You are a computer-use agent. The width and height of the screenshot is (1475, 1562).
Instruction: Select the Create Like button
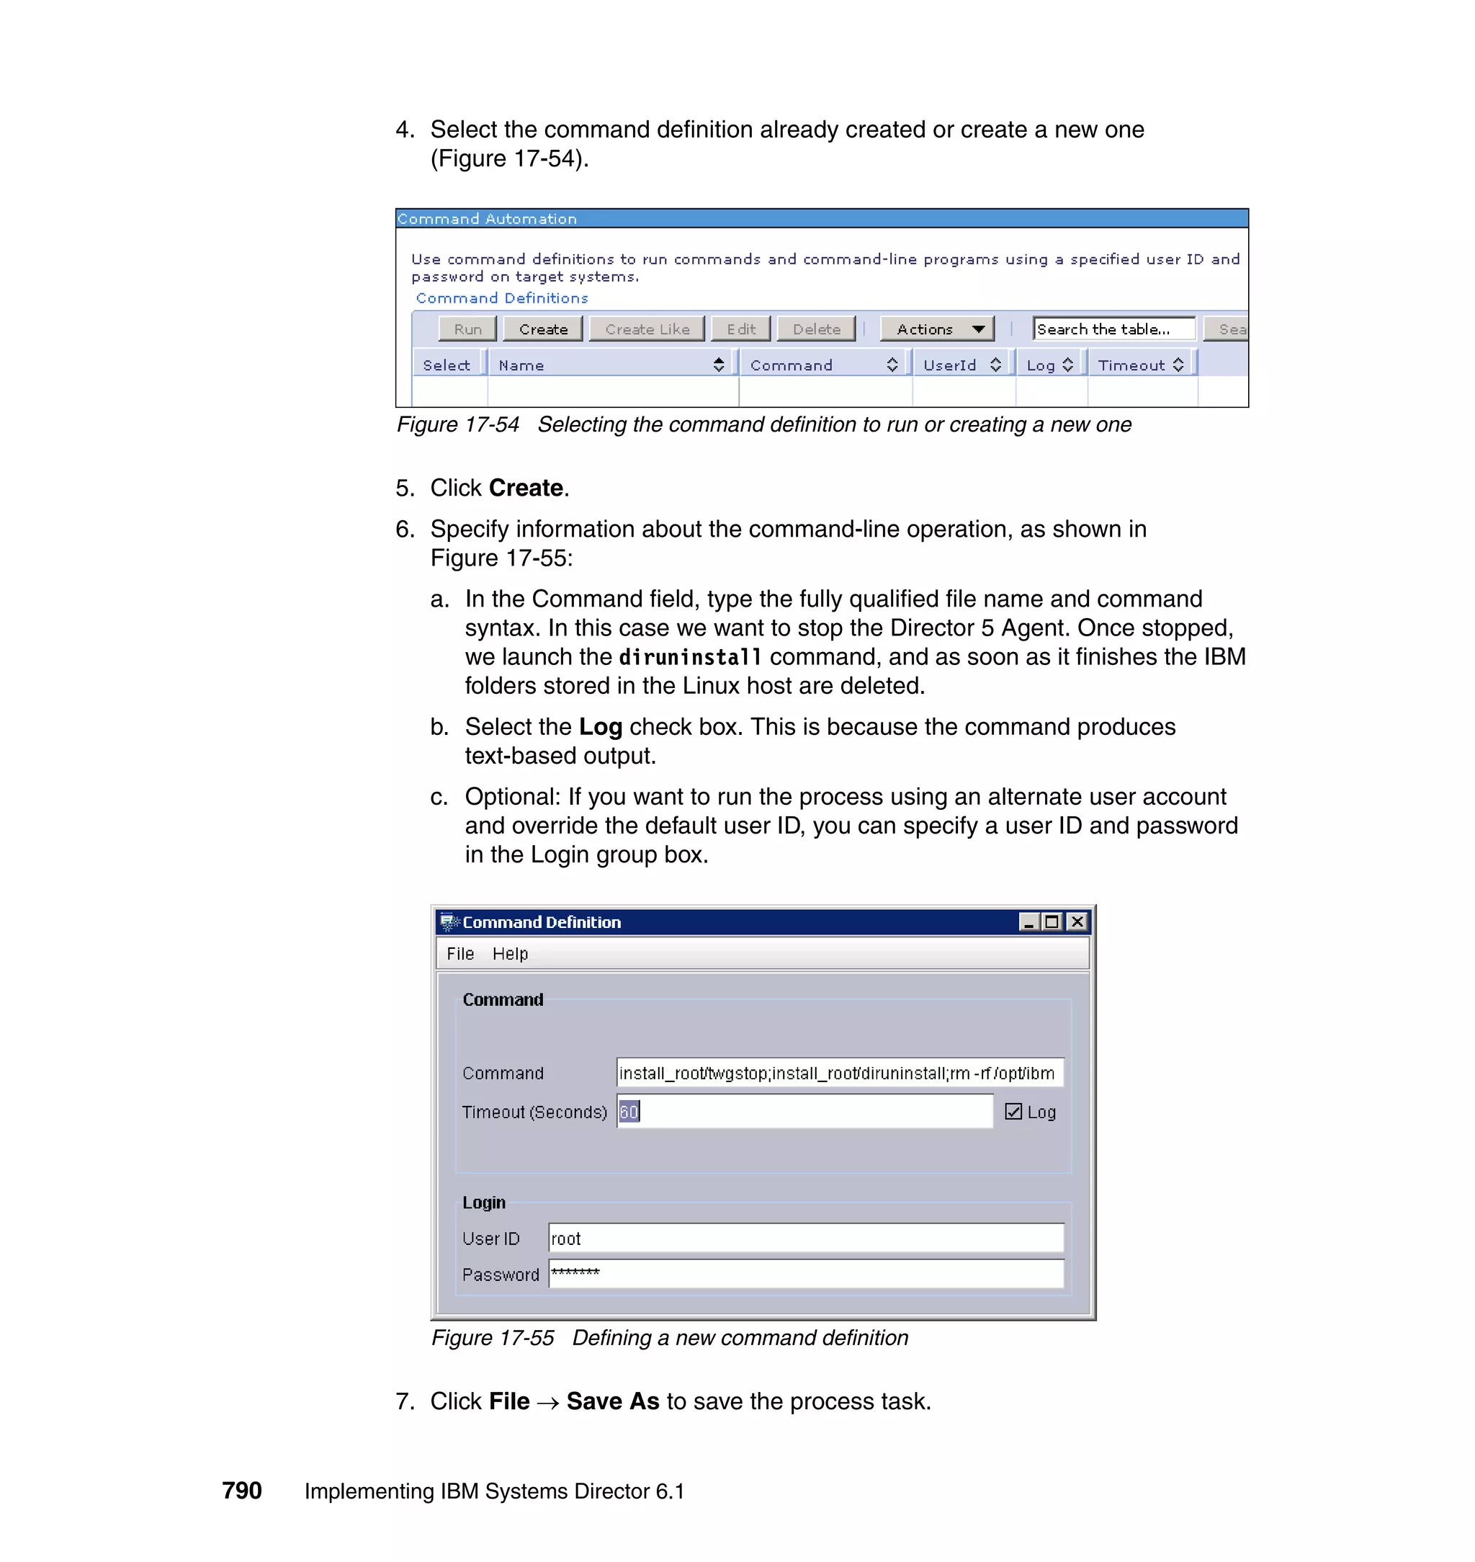(647, 329)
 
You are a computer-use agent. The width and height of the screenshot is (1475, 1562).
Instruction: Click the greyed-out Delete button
(816, 329)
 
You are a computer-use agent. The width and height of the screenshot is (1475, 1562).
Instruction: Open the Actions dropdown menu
(938, 329)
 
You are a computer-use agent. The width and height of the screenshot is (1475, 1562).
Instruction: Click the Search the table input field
(1113, 329)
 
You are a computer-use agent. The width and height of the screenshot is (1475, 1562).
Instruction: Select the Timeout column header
(1139, 365)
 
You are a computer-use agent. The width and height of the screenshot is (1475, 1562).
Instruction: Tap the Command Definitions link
(501, 298)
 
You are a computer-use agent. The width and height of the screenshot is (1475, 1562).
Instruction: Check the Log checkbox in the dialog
(1013, 1111)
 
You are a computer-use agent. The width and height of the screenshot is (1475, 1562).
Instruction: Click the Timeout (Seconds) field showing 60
(804, 1111)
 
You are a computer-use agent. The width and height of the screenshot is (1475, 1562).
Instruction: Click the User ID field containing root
(806, 1238)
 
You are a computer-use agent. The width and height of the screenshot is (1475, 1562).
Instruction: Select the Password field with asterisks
(806, 1274)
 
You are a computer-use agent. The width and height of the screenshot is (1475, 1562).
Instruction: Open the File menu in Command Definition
(460, 953)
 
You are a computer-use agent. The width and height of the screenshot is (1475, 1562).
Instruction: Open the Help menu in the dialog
(509, 953)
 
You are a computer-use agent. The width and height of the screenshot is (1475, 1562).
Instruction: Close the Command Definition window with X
(1077, 921)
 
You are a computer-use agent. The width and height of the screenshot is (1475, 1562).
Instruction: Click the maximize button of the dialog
(1052, 921)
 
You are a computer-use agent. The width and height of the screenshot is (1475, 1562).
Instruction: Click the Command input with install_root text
(839, 1073)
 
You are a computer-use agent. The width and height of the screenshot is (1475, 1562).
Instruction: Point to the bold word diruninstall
(689, 657)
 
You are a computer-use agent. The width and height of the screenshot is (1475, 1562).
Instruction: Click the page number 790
(241, 1491)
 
